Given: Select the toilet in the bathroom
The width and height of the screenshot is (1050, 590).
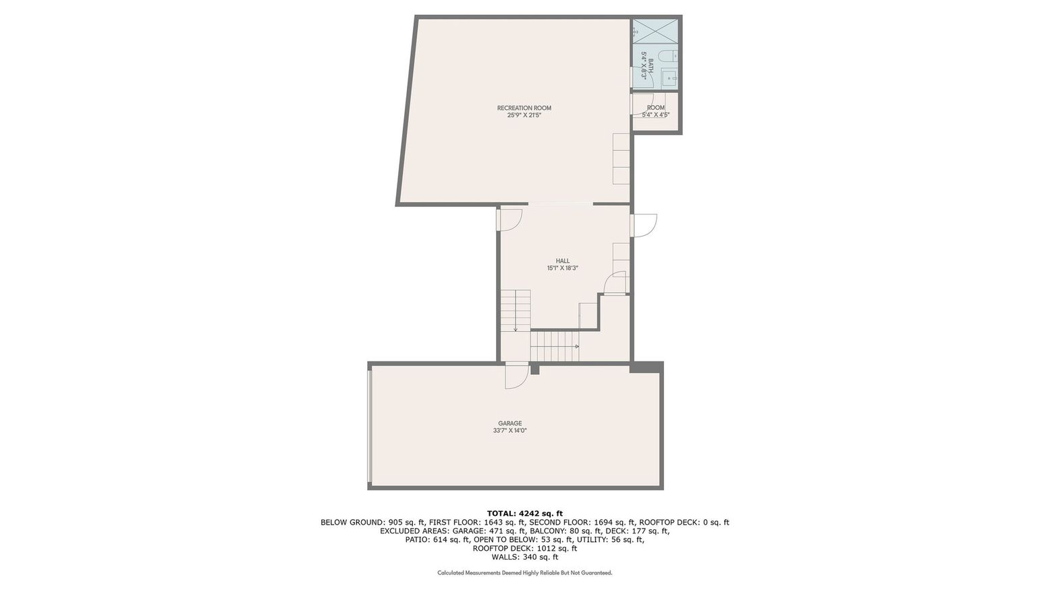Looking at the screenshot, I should tap(669, 56).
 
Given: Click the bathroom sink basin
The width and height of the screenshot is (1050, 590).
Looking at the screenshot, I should tap(669, 78).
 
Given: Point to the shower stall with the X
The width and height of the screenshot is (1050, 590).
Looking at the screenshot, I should tap(655, 31).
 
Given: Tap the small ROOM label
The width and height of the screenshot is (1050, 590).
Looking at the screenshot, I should tap(655, 108).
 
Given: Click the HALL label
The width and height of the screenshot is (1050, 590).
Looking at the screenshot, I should tap(562, 261).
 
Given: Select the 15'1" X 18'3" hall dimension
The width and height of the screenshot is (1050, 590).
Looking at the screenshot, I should tap(562, 268).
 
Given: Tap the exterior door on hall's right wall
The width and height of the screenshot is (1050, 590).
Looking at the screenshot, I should tap(643, 225).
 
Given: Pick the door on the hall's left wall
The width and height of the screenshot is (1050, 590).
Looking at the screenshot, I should tap(509, 220).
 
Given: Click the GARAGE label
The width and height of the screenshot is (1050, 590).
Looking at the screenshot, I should tap(509, 423).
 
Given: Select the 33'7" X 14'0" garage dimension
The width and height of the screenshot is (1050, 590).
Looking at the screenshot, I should tap(509, 431).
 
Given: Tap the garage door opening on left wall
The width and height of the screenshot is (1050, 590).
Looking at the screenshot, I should tap(370, 426).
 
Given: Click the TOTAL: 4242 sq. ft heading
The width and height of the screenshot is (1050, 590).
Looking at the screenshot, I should tap(524, 514).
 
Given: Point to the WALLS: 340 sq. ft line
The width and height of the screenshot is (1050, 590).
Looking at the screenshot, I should tap(524, 557).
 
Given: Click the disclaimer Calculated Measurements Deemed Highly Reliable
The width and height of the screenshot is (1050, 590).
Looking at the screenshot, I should tap(524, 573).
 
